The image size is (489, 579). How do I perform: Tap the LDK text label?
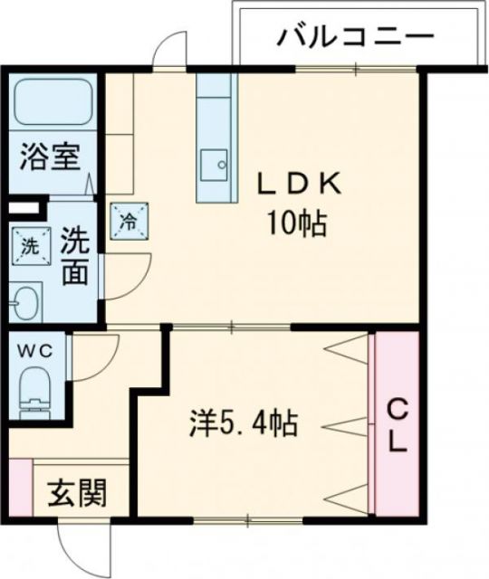(x=298, y=185)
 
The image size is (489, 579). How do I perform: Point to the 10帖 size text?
(x=296, y=223)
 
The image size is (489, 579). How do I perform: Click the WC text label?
(x=36, y=348)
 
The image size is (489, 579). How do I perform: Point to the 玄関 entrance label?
(x=76, y=494)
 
